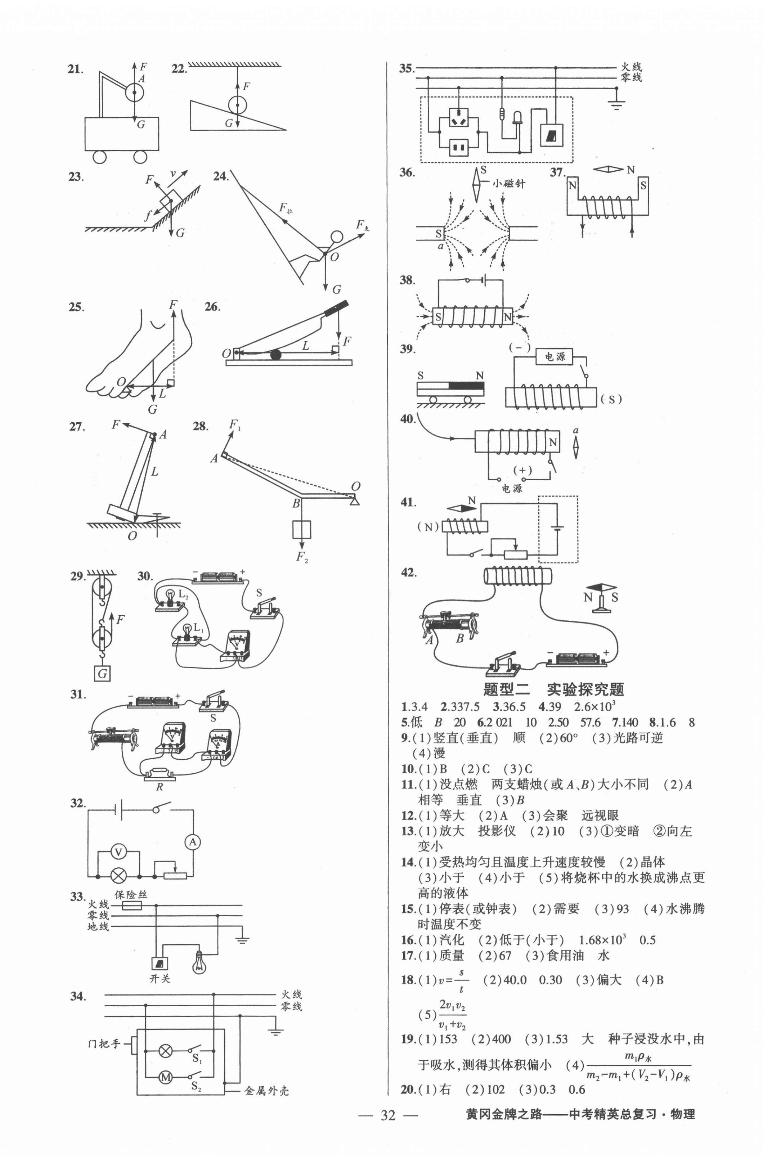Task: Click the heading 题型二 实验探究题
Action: coord(553,689)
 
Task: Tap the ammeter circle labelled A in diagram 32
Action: coord(193,842)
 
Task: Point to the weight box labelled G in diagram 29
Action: coord(102,673)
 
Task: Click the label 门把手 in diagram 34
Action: coord(104,1043)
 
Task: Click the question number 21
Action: coord(75,69)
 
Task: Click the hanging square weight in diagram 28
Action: coord(302,529)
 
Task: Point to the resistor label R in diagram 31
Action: coord(159,787)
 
